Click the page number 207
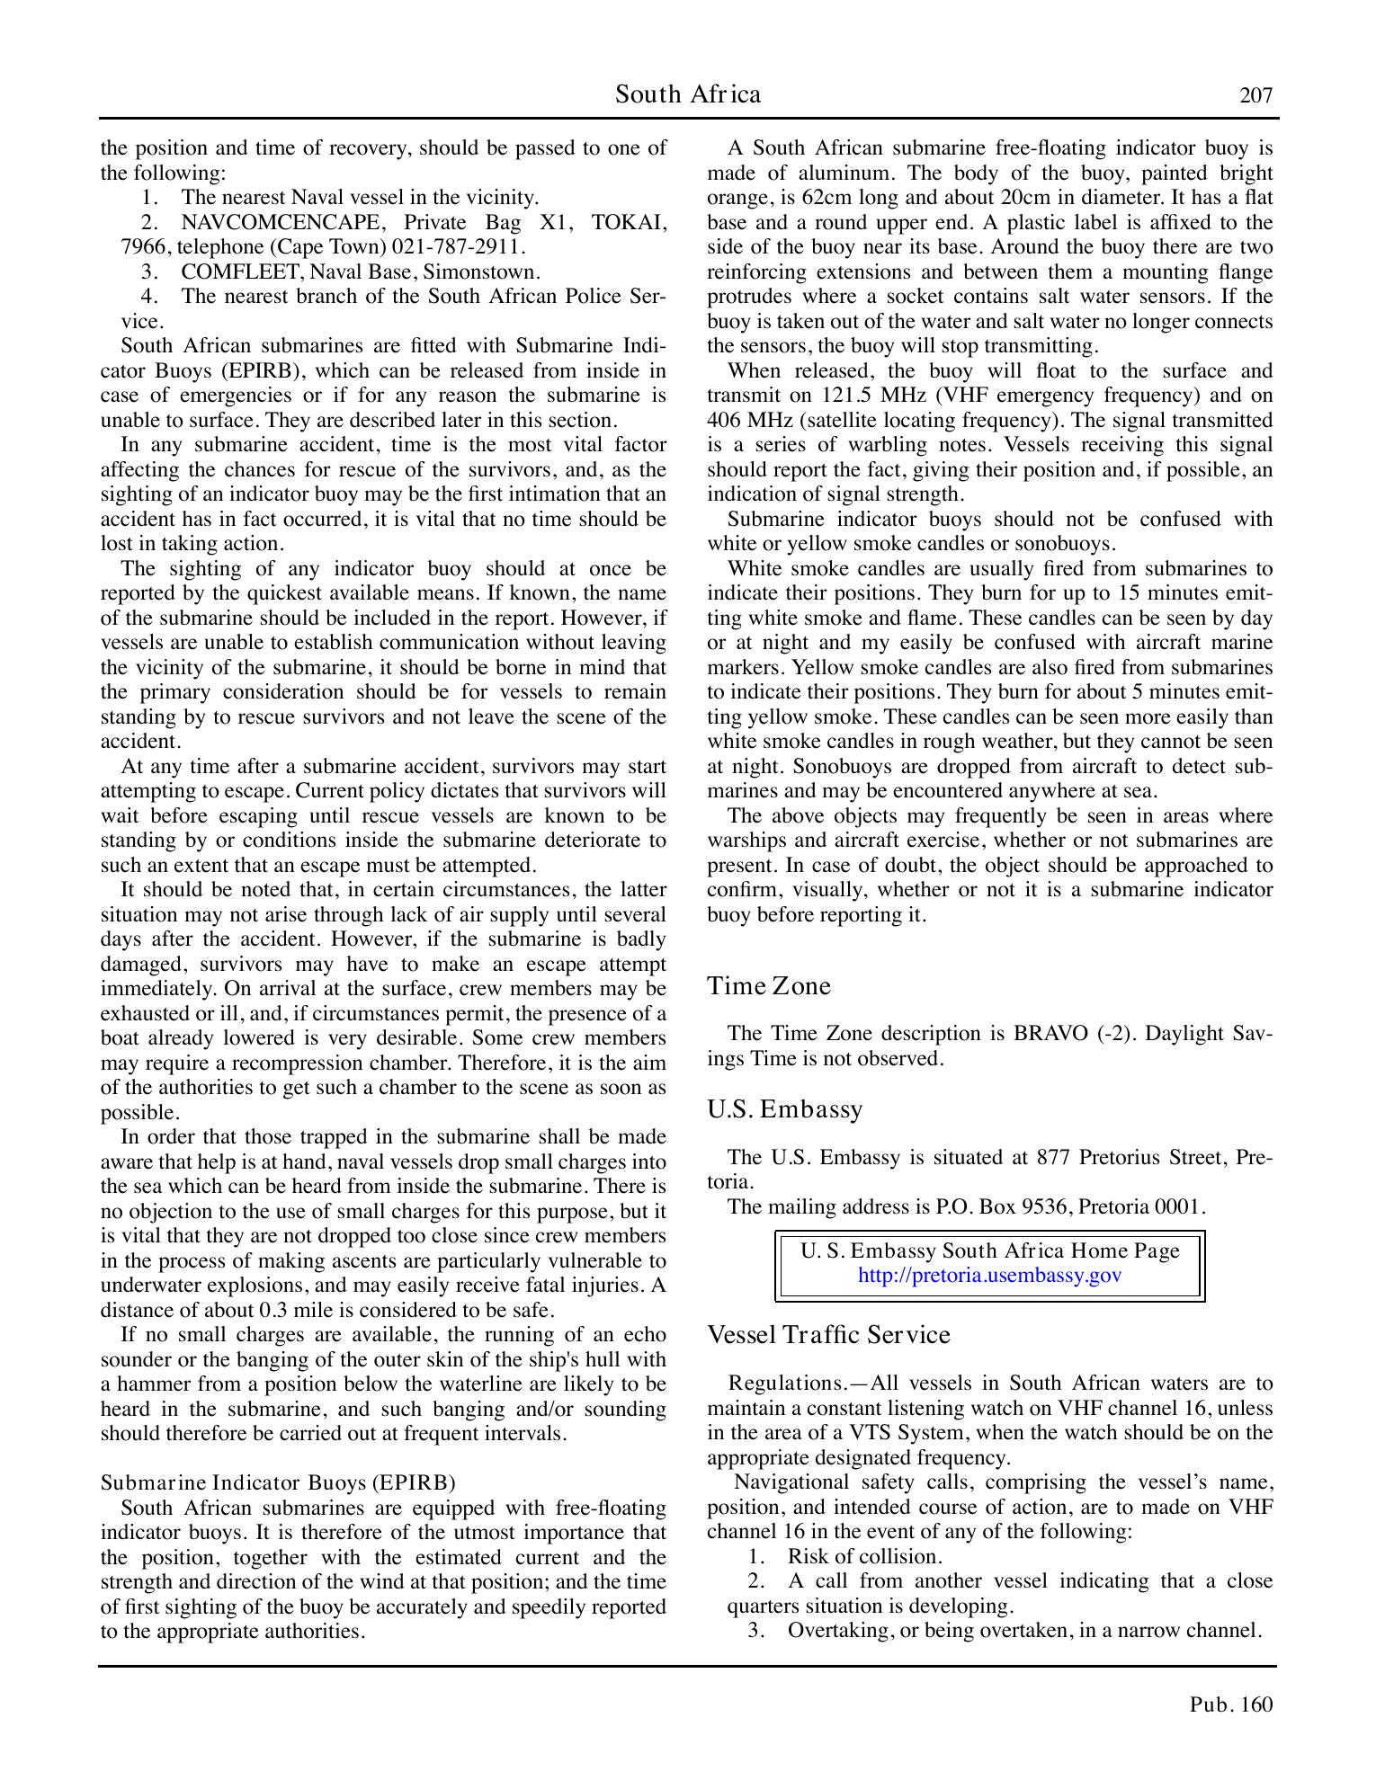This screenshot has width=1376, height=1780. [1255, 95]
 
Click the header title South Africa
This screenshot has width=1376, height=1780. [688, 94]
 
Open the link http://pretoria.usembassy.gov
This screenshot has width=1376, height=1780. [989, 1276]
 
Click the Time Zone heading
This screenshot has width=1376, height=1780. [769, 986]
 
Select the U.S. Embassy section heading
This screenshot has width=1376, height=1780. [785, 1109]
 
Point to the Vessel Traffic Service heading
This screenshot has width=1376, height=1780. [828, 1335]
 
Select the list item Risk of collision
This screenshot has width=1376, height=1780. [863, 1556]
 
